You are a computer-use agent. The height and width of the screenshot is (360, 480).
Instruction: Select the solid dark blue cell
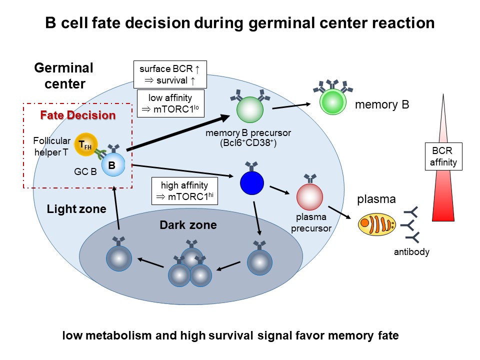point(252,182)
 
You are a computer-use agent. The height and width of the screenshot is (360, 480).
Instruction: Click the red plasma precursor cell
point(310,196)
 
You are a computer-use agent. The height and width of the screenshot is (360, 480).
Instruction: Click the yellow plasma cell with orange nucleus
point(374,224)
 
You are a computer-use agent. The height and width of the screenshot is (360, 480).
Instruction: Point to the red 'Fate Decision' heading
point(78,115)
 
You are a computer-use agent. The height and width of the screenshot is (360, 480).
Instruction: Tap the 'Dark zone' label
point(188,225)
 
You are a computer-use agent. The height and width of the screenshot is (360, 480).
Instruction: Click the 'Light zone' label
point(76,209)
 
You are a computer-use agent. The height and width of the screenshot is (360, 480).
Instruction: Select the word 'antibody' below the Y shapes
point(411,252)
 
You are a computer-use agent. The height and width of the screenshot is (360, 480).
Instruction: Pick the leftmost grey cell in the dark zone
point(118,257)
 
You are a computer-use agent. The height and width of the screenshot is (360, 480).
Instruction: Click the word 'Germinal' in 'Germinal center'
point(63,68)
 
